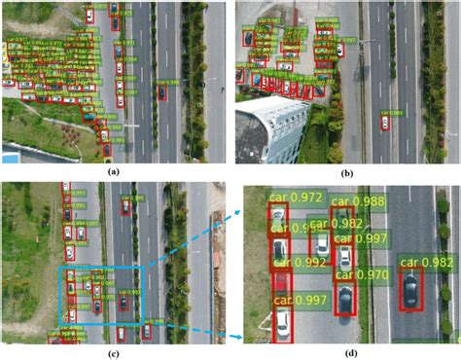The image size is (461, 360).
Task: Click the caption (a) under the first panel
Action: click(x=114, y=171)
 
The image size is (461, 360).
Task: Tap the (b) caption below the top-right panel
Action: click(x=346, y=171)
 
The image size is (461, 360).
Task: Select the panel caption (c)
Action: click(x=114, y=351)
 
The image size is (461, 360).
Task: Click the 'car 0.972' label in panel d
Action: click(x=297, y=198)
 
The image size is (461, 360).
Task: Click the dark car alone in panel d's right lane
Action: click(x=411, y=290)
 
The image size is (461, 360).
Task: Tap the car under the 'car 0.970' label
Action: click(x=344, y=296)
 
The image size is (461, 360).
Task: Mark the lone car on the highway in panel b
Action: click(x=385, y=125)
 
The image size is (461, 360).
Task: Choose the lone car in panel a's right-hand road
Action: click(x=161, y=93)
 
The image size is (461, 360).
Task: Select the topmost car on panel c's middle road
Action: click(x=125, y=207)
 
